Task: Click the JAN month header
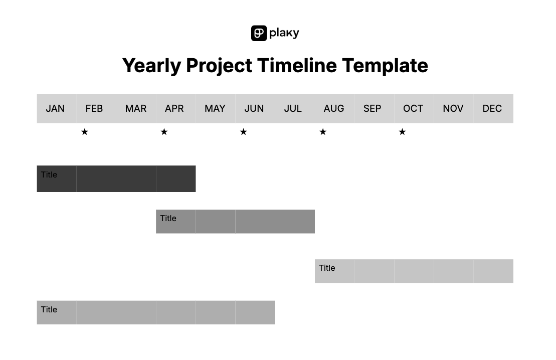pos(55,108)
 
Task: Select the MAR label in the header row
pos(135,108)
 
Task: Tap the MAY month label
pos(215,108)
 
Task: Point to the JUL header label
pos(293,108)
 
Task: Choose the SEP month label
pos(372,108)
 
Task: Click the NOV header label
pos(453,108)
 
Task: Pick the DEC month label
pos(492,108)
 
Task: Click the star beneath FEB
pos(85,132)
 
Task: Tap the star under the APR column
pos(164,132)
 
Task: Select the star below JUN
pos(243,132)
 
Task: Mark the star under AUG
pos(323,132)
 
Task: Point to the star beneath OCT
pos(402,132)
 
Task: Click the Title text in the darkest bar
pos(49,174)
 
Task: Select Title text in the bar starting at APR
pos(168,218)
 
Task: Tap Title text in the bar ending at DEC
pos(327,268)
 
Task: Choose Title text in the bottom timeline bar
pos(49,309)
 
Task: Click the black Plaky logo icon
pos(259,33)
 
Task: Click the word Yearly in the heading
pos(151,66)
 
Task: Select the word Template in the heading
pos(385,66)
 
